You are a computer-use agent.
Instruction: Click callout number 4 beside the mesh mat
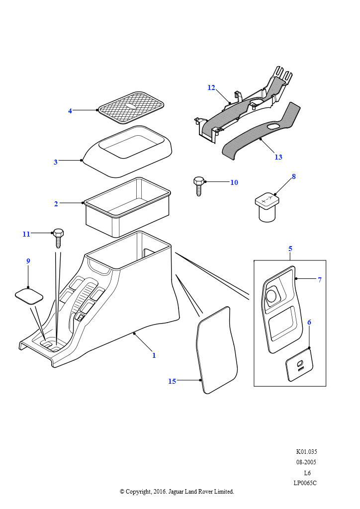[x=70, y=111]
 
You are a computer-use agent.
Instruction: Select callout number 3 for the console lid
[x=56, y=162]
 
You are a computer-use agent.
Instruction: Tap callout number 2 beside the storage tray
[x=56, y=204]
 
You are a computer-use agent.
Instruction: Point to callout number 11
[x=26, y=234]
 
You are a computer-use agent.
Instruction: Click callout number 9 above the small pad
[x=28, y=261]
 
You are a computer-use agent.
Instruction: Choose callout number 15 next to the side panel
[x=172, y=381]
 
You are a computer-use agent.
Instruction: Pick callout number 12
[x=211, y=88]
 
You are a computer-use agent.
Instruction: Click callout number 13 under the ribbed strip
[x=278, y=157]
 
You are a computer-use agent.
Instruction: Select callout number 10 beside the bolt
[x=234, y=182]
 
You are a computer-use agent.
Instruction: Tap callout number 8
[x=294, y=176]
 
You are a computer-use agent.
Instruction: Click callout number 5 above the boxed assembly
[x=290, y=249]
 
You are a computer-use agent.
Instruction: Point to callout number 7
[x=319, y=280]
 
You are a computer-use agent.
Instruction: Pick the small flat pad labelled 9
[x=29, y=296]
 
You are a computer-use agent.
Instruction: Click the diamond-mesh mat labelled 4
[x=131, y=107]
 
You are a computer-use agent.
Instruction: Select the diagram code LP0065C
[x=305, y=483]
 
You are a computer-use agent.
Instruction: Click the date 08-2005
[x=305, y=462]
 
